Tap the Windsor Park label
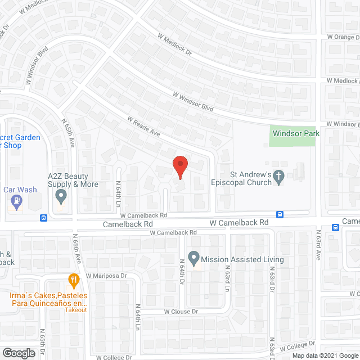(x=296, y=133)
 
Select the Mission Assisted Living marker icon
(x=193, y=259)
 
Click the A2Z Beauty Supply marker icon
(x=61, y=197)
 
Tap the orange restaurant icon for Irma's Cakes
(x=73, y=279)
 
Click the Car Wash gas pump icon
(x=17, y=201)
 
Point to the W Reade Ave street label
(x=144, y=127)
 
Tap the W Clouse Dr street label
(x=182, y=312)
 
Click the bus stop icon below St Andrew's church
(x=280, y=214)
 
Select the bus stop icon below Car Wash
(x=43, y=218)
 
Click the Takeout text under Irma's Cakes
(x=75, y=310)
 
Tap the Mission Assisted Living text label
(x=242, y=260)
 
